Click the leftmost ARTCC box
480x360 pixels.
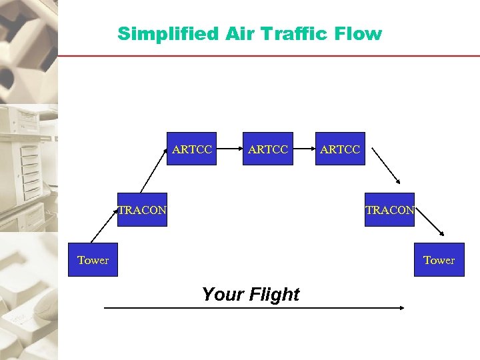click(x=192, y=149)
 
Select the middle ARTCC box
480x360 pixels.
click(x=268, y=149)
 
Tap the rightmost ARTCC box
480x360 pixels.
click(x=340, y=149)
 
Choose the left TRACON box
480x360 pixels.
click(x=142, y=210)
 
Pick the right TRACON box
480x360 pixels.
click(x=389, y=210)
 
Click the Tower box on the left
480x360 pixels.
click(x=93, y=260)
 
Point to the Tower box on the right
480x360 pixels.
click(x=439, y=260)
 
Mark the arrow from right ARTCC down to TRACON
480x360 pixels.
click(x=386, y=165)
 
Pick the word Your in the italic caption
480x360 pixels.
click(x=222, y=294)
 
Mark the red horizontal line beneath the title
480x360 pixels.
click(x=267, y=55)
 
